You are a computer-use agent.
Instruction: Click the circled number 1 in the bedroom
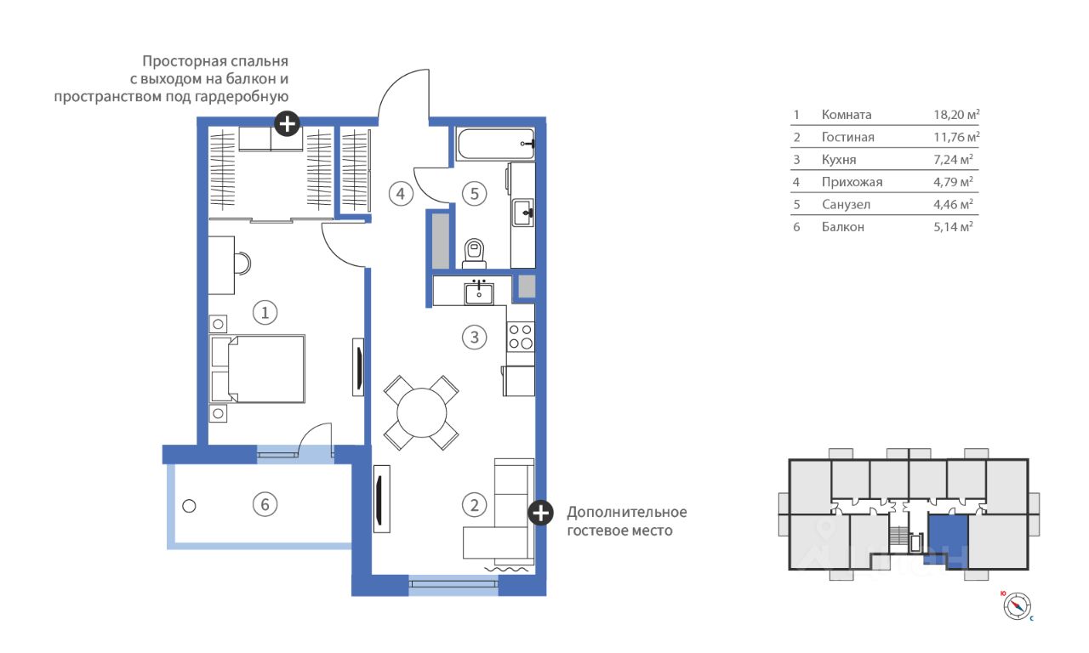pos(265,312)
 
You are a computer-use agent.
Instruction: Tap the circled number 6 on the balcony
pos(265,504)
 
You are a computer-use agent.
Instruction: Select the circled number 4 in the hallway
pos(401,194)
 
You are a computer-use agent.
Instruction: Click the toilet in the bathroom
pos(474,253)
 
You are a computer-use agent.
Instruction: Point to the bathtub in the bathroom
pos(496,144)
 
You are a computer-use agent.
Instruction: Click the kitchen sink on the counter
pos(479,292)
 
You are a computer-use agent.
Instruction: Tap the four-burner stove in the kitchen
pos(520,337)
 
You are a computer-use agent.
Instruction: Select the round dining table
pos(421,413)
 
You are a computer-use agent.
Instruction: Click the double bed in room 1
pos(258,369)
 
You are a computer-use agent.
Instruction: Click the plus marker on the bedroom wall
pos(287,124)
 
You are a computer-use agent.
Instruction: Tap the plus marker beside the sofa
pos(540,513)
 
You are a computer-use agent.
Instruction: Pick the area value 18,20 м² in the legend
pos(956,114)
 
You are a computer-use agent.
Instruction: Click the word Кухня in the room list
pos(839,160)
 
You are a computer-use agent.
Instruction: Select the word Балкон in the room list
pos(843,227)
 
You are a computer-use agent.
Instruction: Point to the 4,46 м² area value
pos(953,204)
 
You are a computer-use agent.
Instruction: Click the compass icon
pos(1017,606)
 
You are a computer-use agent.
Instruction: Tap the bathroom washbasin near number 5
pos(523,213)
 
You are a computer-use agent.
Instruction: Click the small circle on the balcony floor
pos(189,506)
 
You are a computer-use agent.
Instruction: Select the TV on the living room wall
pos(382,499)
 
